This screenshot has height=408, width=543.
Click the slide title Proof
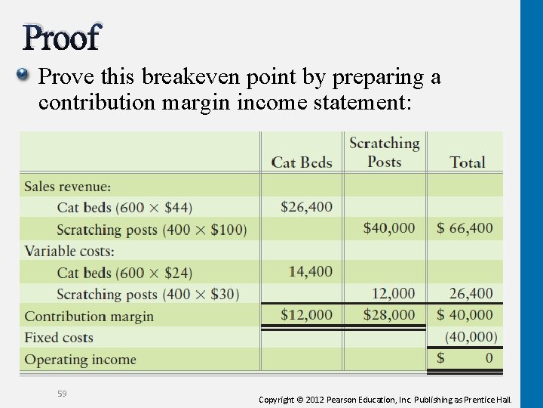pos(61,37)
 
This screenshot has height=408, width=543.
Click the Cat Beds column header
pos(302,162)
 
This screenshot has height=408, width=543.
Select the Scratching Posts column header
pos(384,152)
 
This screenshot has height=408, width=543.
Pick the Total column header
pos(467,162)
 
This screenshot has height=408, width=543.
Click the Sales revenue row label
pos(67,186)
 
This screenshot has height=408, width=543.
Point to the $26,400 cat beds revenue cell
pos(306,206)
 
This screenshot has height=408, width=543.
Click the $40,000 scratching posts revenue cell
pos(388,228)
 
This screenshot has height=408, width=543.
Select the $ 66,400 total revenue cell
pos(465,228)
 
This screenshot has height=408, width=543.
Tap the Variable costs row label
pos(69,251)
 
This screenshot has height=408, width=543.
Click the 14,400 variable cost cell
pos(310,271)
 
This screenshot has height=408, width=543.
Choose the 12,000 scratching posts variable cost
pos(393,293)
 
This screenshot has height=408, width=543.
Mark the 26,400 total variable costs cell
pos(471,293)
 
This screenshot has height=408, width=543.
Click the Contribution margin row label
pos(89,316)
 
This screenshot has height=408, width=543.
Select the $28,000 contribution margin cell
pos(388,314)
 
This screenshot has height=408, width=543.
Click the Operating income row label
pos(80,360)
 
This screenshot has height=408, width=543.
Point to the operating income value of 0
pos(489,358)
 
